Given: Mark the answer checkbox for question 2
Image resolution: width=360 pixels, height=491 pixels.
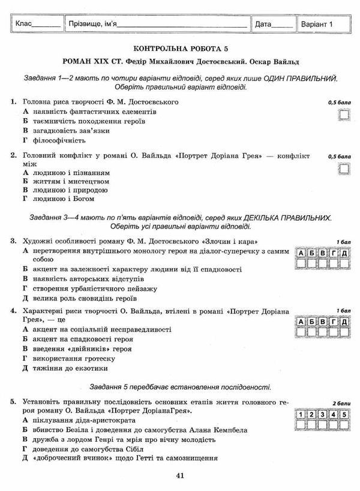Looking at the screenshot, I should tap(343, 169).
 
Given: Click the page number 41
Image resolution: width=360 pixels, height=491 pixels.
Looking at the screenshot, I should tap(180, 476).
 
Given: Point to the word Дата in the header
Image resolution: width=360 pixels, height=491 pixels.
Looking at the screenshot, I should tap(263, 25).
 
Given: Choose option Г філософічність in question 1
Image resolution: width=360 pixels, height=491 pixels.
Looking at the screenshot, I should tap(54, 141).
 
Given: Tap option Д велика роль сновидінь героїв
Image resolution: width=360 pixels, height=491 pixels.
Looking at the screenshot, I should tap(81, 298).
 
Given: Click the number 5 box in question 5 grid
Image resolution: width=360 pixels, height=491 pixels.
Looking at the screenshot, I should tap(343, 414).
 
